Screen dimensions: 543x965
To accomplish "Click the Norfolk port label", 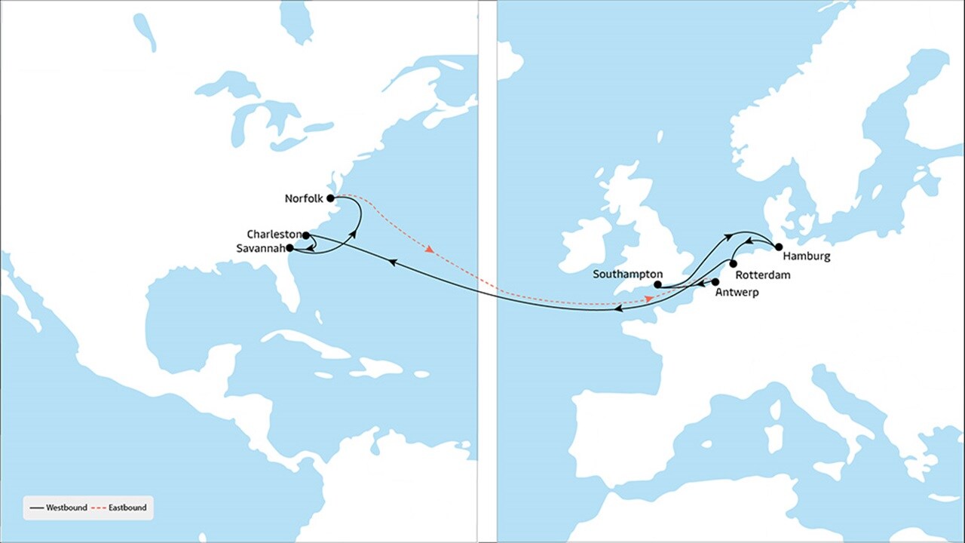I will (x=304, y=199).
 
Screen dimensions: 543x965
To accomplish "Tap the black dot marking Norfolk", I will (x=330, y=198).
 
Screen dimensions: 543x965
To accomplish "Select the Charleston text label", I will (x=274, y=235).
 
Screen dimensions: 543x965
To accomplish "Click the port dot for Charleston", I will (x=306, y=235).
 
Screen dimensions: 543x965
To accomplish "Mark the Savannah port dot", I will (x=290, y=247).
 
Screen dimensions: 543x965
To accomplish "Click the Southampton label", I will (x=627, y=274).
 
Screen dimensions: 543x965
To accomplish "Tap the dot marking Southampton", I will (x=657, y=285).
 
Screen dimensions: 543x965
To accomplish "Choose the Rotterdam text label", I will (x=762, y=275).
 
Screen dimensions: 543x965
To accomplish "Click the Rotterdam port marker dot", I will (x=733, y=265).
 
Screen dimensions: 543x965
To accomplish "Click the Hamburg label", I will (x=807, y=256).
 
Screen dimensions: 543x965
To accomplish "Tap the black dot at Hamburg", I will (x=779, y=247).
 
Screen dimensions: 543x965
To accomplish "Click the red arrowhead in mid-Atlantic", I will (x=430, y=250).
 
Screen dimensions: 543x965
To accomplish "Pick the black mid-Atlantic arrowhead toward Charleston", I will (x=393, y=261).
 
